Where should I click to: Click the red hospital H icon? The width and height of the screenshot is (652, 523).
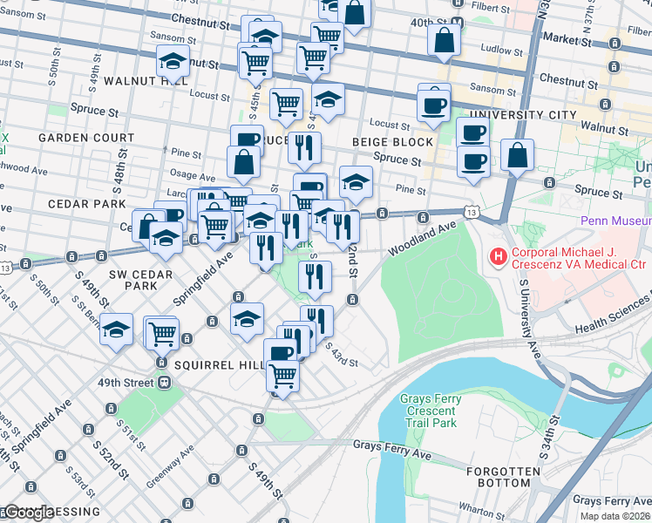tap(499, 257)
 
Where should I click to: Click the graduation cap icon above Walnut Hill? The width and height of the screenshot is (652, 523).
tap(173, 63)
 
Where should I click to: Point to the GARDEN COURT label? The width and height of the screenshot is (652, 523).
tap(85, 138)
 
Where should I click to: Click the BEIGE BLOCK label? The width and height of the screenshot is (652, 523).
tap(392, 142)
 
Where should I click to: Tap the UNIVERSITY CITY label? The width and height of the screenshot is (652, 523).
tap(522, 115)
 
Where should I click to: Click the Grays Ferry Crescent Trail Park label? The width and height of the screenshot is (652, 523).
tap(430, 411)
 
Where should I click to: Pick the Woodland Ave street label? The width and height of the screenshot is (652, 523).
tap(423, 237)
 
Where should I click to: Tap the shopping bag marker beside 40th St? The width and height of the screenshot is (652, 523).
tap(445, 41)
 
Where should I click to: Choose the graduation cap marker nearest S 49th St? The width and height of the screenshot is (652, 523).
tap(116, 330)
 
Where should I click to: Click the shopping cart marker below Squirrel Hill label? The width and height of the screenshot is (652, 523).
tap(282, 377)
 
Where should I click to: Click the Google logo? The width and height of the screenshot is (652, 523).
tap(28, 512)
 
